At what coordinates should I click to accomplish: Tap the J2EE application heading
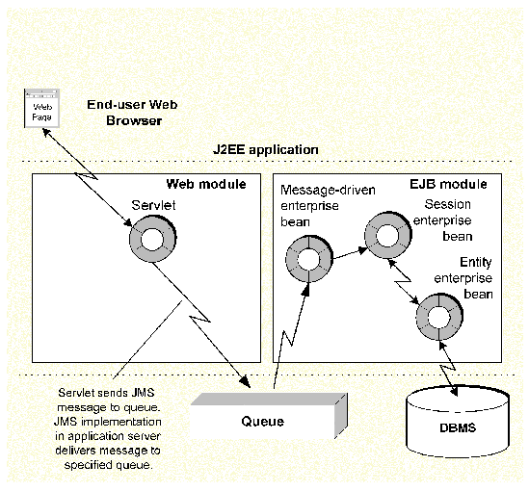click(x=266, y=150)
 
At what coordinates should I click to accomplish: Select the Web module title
click(x=206, y=184)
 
